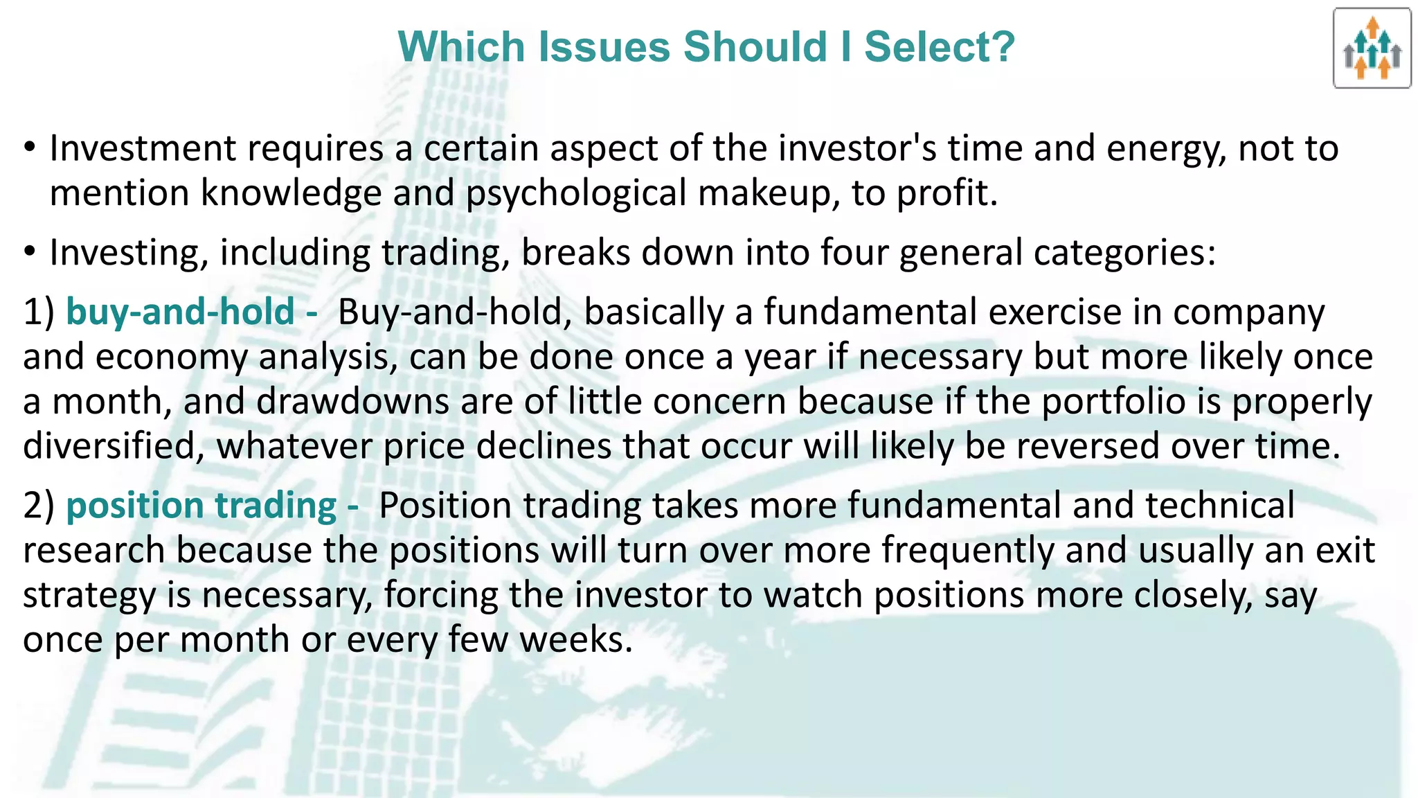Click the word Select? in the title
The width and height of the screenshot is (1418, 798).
click(939, 47)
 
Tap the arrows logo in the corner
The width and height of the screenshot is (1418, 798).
click(1372, 48)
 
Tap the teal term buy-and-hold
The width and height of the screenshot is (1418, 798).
click(180, 312)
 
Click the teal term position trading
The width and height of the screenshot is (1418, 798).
click(201, 506)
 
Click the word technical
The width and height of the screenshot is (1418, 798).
click(1219, 506)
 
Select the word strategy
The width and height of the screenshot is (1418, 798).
click(89, 596)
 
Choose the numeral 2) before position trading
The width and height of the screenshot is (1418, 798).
click(38, 506)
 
